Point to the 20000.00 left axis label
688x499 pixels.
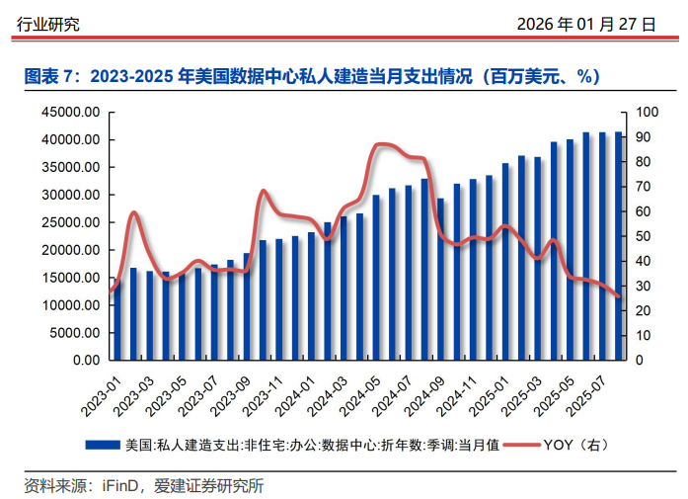click(x=70, y=250)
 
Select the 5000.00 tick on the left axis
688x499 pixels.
click(x=74, y=333)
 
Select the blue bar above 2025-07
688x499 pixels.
click(x=602, y=246)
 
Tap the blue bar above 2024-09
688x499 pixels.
click(x=440, y=279)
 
